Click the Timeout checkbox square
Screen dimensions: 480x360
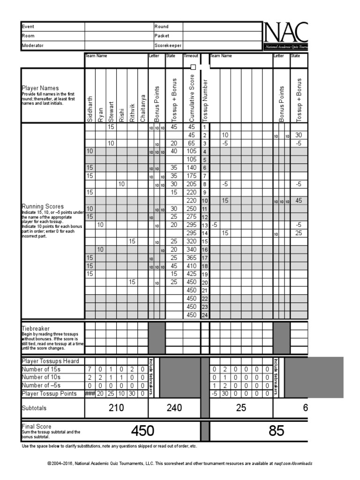193,67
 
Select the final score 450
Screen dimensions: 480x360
142,431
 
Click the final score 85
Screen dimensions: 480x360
277,431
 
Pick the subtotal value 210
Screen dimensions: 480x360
116,408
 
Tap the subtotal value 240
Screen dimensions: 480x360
174,408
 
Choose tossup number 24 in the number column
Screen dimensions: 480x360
204,315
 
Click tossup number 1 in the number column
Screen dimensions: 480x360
204,127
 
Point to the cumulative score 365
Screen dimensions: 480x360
192,258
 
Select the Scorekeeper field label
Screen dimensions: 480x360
168,45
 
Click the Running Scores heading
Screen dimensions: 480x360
42,206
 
